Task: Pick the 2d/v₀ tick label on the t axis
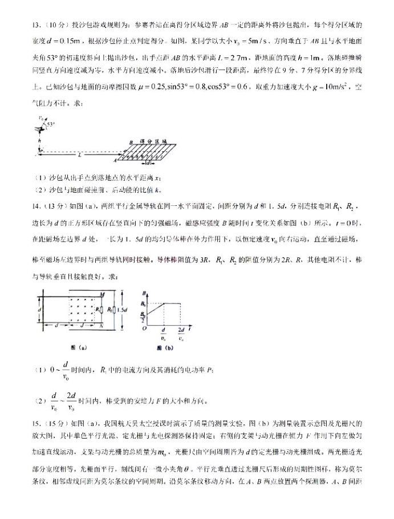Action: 181,335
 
